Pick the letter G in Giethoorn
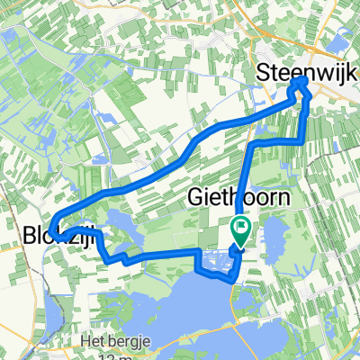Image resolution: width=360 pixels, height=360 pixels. [195, 197]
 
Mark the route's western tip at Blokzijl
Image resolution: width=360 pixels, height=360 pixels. [52, 228]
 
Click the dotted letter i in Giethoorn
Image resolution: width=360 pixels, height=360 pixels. [207, 197]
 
